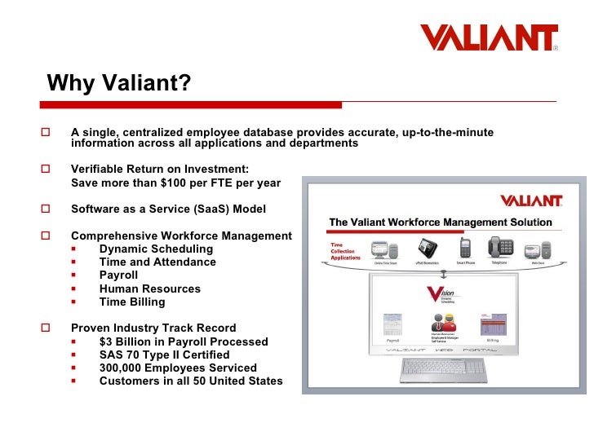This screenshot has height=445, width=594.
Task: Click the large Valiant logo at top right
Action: tap(489, 37)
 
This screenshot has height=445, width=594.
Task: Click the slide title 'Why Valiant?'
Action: tap(118, 83)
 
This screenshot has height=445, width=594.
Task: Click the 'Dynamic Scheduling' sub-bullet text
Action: tap(156, 249)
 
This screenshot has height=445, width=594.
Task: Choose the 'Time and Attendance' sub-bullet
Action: tap(157, 262)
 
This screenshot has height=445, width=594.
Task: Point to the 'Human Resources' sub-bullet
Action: tap(149, 289)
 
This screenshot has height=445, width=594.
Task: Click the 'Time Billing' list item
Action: tap(132, 302)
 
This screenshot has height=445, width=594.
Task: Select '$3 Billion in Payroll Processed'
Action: tap(184, 341)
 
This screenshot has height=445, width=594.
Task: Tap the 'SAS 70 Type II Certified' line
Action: tap(164, 355)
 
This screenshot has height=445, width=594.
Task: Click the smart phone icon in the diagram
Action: tap(465, 247)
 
